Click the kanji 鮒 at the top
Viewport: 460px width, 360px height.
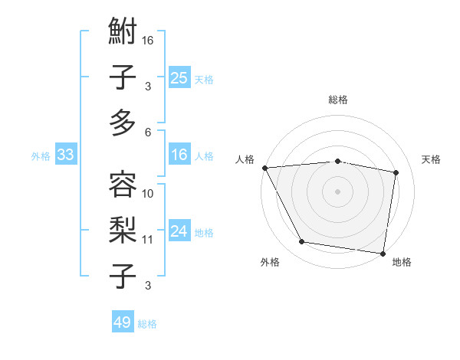point(123,34)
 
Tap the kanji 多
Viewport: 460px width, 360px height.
point(123,123)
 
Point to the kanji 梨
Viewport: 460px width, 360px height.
point(123,228)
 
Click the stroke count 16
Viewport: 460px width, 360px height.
point(148,40)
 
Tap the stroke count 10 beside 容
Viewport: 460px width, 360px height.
point(148,193)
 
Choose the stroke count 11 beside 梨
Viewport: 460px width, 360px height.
point(148,239)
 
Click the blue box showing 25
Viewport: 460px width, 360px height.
point(179,77)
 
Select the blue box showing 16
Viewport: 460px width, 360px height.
point(179,155)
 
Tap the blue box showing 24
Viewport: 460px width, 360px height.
point(179,231)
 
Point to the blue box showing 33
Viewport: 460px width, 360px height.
point(66,155)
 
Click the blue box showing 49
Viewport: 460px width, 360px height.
point(123,322)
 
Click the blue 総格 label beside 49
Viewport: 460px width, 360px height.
point(147,324)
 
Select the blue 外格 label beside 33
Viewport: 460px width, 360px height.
point(41,156)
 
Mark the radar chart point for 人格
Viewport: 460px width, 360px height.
point(264,168)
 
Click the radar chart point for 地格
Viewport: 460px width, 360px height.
point(383,252)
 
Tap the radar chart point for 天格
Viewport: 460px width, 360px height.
point(396,172)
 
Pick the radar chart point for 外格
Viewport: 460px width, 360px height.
point(302,242)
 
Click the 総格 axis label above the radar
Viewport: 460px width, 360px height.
point(337,100)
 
